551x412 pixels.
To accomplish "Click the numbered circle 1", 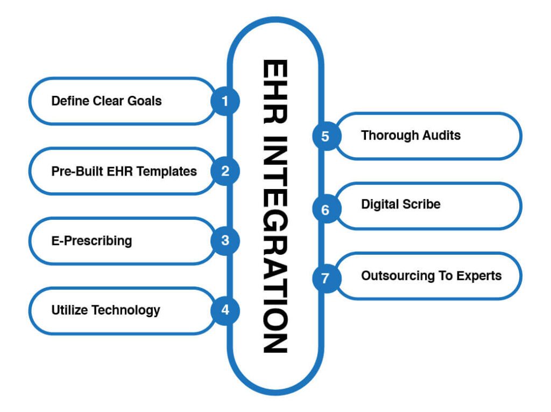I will pos(225,101).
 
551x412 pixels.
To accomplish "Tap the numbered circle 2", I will pos(225,171).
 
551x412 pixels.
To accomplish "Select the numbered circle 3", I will pos(225,240).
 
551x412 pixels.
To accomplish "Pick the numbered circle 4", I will pos(225,310).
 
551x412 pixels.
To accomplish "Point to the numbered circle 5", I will pos(325,136).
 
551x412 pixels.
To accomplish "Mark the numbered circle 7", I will pos(325,276).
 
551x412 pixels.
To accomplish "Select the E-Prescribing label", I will pos(91,240).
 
